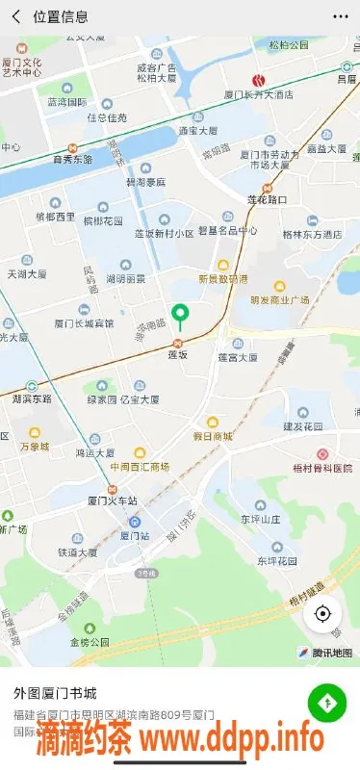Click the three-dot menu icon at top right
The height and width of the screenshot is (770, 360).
coord(340,16)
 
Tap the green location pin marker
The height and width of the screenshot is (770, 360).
coord(179,315)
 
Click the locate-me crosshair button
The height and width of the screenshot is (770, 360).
coord(323,613)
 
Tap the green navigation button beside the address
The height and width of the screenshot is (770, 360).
coord(327,704)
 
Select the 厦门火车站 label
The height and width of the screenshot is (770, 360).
coord(113,500)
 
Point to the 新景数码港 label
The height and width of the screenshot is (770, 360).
coord(222,279)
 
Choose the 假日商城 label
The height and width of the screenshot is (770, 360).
coord(213,436)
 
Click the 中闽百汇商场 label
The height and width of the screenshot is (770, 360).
coord(140,467)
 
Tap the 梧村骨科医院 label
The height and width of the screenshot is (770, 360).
coord(321,468)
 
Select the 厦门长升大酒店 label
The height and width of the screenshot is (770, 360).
coord(258,95)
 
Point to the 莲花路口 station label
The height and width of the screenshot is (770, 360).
coord(268,199)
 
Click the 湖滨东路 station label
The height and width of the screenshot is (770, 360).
coord(33,398)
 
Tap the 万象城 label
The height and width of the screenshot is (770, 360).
coord(34,447)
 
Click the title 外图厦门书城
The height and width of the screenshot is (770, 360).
coord(57,693)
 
